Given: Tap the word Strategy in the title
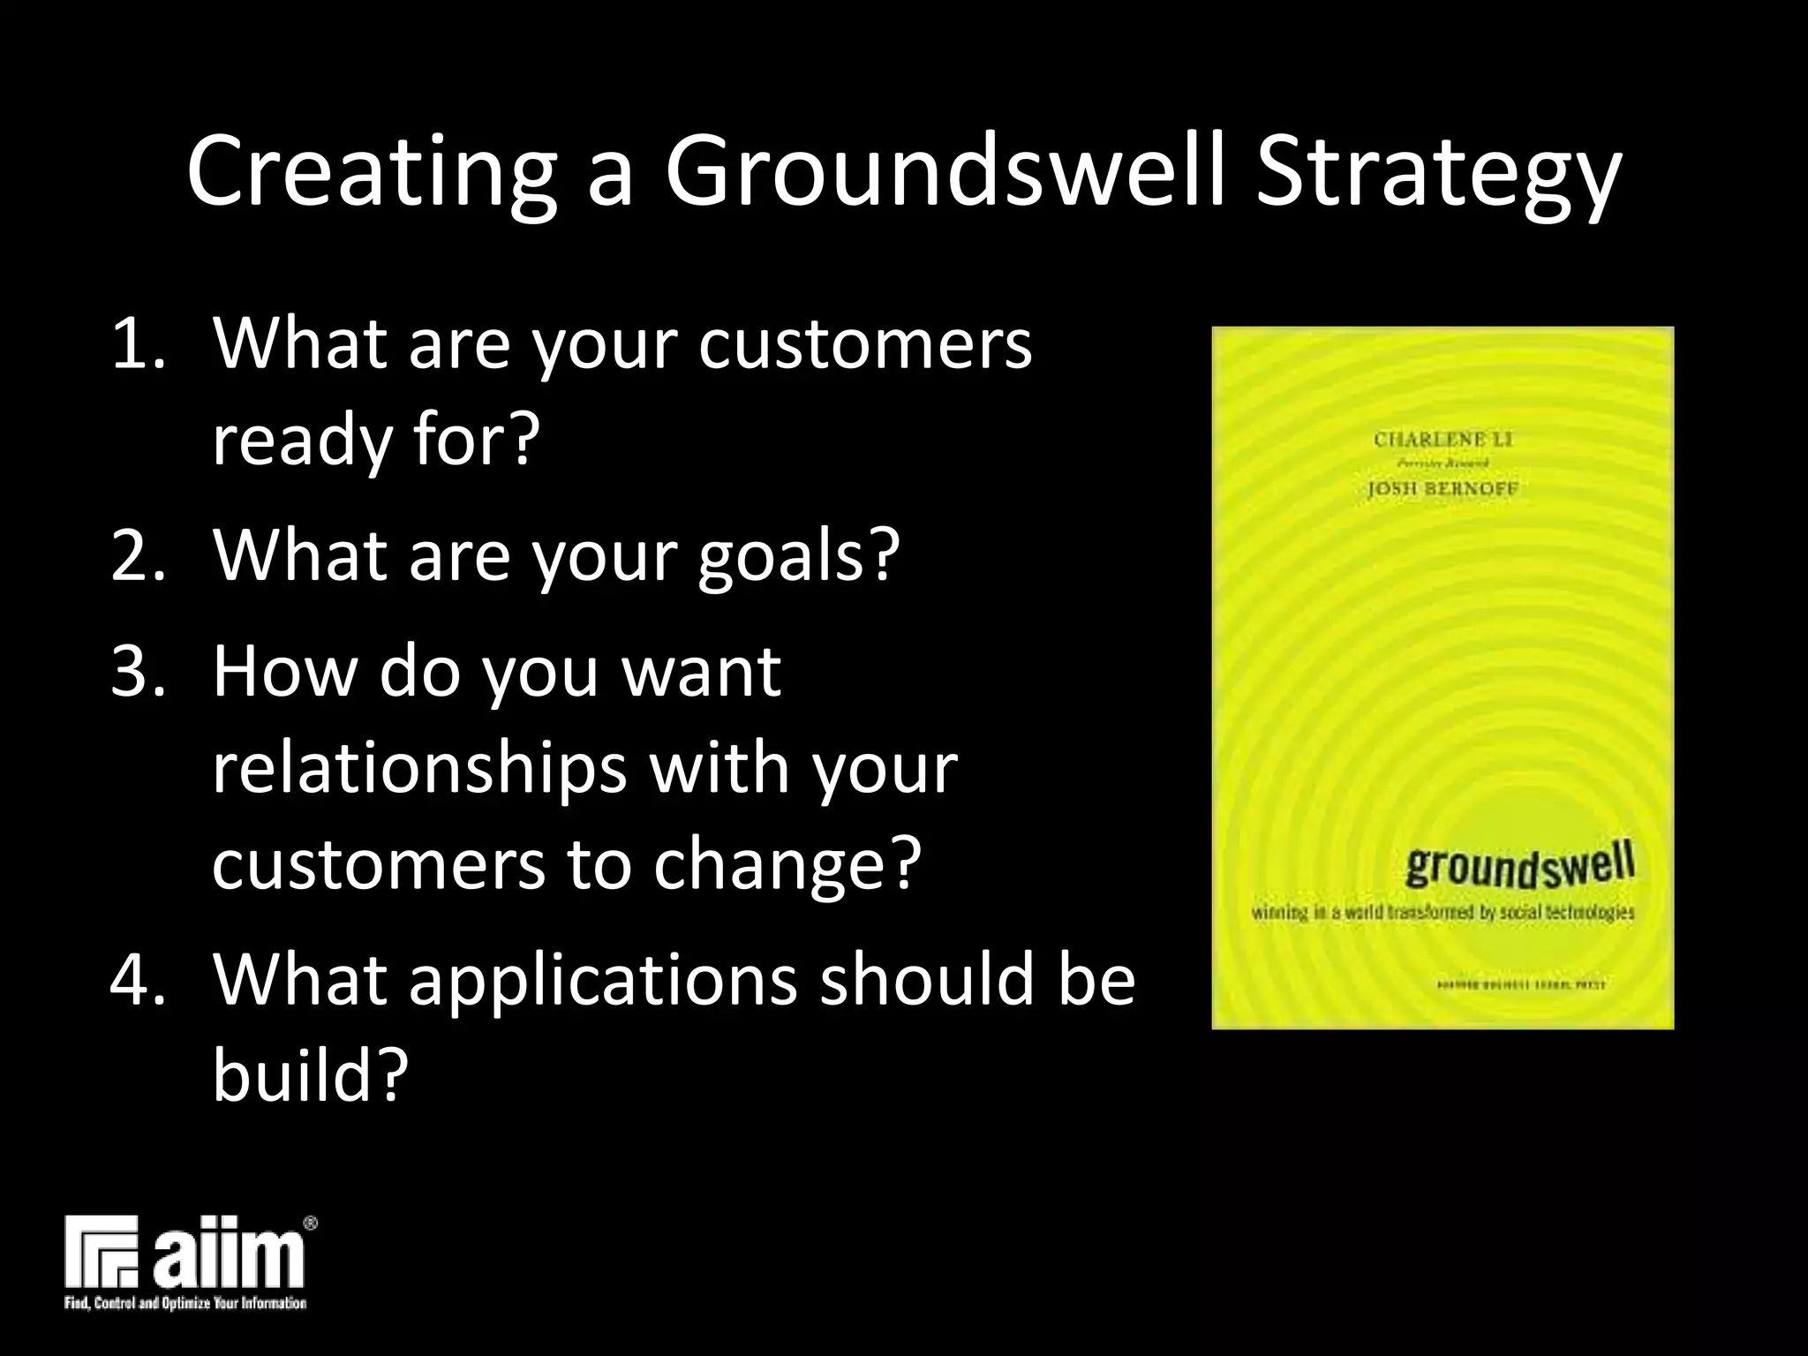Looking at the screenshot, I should tap(1438, 172).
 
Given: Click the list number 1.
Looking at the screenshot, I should tap(138, 343).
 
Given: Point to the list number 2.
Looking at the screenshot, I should tap(138, 556).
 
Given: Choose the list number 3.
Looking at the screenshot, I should tap(138, 672).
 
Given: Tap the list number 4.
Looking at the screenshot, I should tap(138, 981).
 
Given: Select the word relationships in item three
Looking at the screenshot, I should tap(419, 767).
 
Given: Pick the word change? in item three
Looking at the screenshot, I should tap(787, 864).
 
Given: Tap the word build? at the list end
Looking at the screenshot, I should tap(310, 1076).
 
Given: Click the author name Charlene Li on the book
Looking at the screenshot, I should tap(1443, 439).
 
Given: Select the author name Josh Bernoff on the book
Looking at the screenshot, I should tap(1443, 488).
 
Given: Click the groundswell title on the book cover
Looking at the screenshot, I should tap(1519, 866).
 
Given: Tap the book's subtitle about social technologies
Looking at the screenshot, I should tap(1443, 912).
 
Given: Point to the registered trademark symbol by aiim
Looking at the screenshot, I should tap(310, 1224).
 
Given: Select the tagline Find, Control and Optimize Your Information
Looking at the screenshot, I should tap(185, 1303).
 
